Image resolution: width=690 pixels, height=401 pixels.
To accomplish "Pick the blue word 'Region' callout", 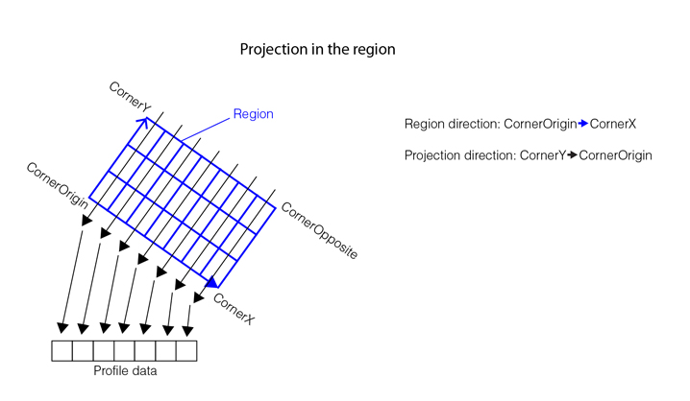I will pos(253,115).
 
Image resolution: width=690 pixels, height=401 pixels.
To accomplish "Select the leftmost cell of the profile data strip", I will pos(62,351).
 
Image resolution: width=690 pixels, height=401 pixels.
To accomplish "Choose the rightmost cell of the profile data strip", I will pos(186,351).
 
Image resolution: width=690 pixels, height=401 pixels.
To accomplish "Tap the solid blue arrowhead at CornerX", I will pos(211,281).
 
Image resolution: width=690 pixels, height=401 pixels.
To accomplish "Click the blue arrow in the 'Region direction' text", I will pos(582,125).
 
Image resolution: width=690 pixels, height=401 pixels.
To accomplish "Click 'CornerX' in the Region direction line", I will pos(613,125).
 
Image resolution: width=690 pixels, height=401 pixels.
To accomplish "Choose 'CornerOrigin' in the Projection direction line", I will pos(615,155).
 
